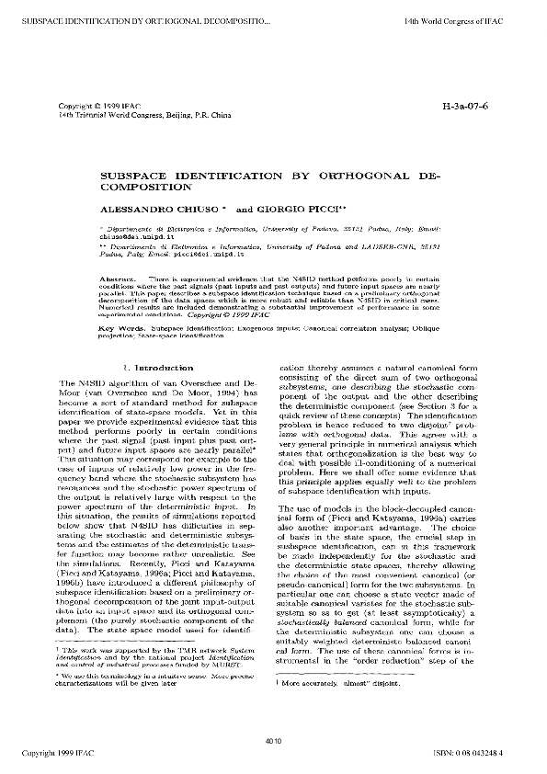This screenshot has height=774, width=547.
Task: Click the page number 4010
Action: pyautogui.click(x=272, y=742)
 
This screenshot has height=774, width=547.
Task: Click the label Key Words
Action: pyautogui.click(x=119, y=328)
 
